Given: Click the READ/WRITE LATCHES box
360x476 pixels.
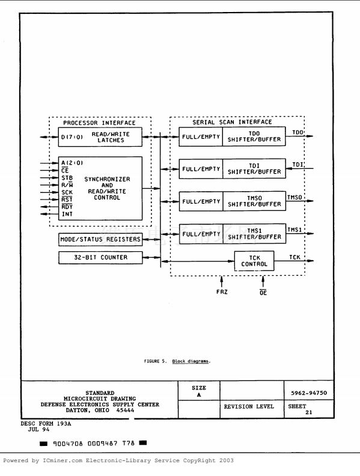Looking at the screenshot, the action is (100, 137).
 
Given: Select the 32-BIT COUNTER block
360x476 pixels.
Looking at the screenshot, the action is (100, 257).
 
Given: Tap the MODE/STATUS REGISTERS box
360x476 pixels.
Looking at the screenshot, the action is (100, 240).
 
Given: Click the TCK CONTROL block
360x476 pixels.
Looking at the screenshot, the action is (254, 261).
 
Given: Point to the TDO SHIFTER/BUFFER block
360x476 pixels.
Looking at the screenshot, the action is (254, 136).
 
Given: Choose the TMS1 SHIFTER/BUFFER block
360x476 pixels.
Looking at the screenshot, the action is (254, 234).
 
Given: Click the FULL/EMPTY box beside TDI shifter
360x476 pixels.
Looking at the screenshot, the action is (201, 169).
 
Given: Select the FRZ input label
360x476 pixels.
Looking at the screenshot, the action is (222, 291).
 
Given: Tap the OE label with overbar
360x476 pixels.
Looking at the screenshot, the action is (263, 292).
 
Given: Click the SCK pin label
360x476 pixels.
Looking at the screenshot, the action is (67, 192).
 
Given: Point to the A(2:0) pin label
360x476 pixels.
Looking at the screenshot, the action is (72, 163).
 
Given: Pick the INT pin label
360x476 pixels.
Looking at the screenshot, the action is (67, 214).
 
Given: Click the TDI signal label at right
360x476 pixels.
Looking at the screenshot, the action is (297, 165).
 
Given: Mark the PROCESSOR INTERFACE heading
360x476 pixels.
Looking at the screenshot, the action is (99, 123).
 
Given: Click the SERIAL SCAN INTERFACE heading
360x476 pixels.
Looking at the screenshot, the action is (232, 122).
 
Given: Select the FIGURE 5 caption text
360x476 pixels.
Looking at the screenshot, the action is (177, 361).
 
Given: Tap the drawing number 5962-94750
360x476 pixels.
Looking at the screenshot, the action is (309, 393).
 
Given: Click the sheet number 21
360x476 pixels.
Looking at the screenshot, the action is (309, 412).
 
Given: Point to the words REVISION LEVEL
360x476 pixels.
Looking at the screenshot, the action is (249, 406).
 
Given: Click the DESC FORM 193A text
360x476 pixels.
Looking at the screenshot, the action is (46, 424).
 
